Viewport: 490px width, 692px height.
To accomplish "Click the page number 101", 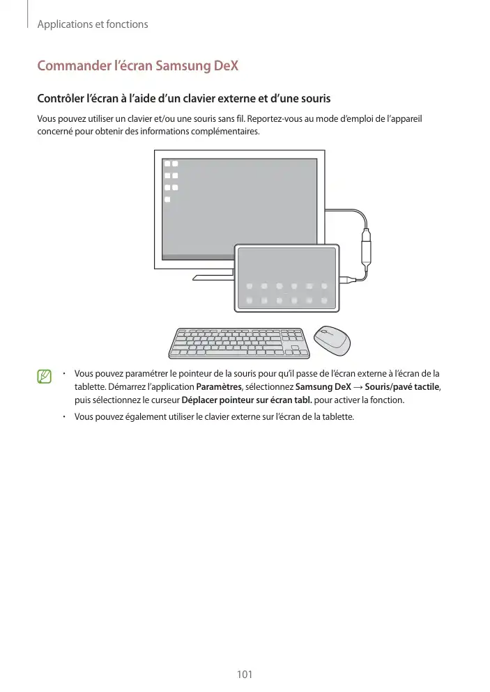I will tap(244, 674).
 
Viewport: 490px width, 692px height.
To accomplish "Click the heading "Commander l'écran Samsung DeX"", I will tap(137, 66).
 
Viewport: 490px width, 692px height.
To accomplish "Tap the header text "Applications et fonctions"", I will tap(92, 24).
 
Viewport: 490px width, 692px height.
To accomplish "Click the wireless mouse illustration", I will tap(331, 339).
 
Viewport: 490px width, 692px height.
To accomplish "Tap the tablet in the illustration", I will tap(286, 278).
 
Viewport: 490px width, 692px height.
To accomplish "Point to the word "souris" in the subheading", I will tap(313, 99).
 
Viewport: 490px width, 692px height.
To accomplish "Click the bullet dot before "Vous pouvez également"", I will tap(63, 416).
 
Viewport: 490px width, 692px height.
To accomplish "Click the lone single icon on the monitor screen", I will tap(167, 200).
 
